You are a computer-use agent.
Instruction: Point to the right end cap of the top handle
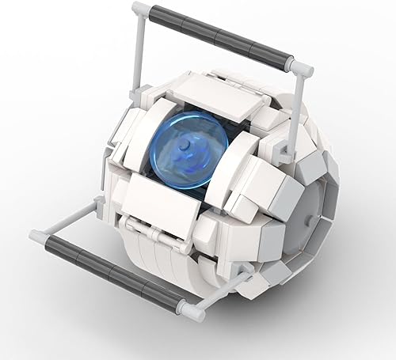tap(302, 67)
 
